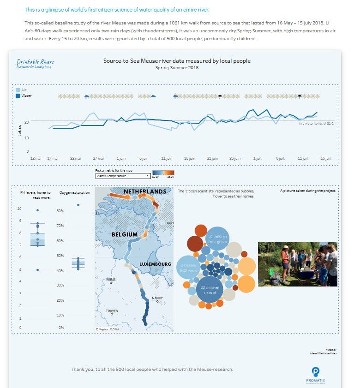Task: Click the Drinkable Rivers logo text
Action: coord(35,62)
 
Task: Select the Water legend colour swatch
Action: coord(18,96)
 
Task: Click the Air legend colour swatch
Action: coord(18,90)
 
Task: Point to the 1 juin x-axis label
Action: coord(121,158)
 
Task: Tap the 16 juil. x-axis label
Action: coord(326,158)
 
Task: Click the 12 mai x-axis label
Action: coord(36,158)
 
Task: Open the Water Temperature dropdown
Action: coord(122,176)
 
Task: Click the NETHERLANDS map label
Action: coord(144,191)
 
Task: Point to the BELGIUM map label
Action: coord(125,234)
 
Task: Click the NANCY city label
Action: coord(157,298)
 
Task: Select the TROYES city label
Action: coord(112,311)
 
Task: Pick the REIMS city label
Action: coord(111,280)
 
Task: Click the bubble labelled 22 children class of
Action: coord(210,289)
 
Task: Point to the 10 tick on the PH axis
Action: coord(19,209)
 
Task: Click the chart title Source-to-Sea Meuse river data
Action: coord(177,60)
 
